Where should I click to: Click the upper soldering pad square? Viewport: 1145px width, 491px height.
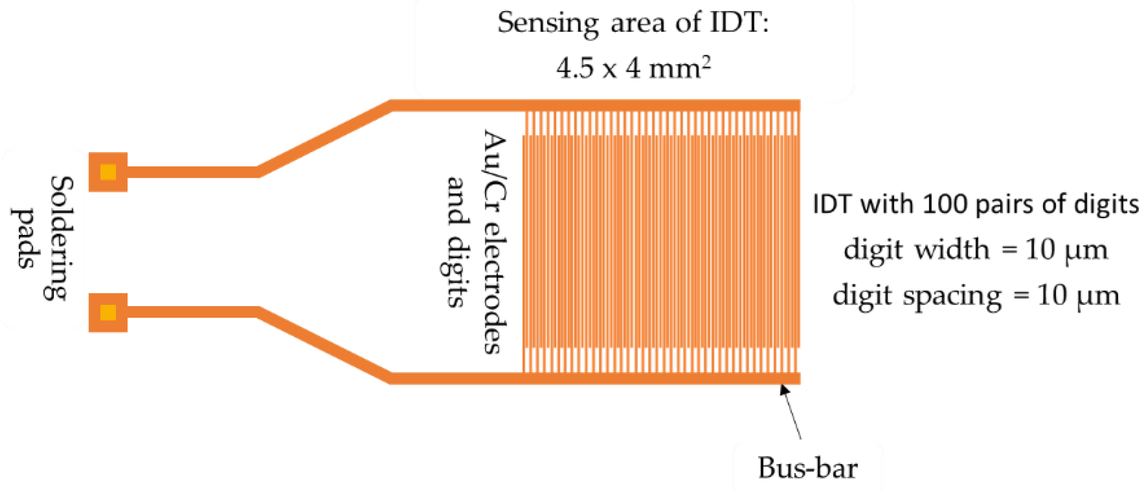click(x=108, y=172)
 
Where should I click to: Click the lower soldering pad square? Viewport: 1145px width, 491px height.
click(x=108, y=312)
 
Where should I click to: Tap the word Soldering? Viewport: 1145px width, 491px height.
click(x=61, y=238)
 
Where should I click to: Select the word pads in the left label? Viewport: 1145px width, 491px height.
click(x=24, y=238)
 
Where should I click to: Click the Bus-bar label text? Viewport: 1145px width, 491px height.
click(x=807, y=468)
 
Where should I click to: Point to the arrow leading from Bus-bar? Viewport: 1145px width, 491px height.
click(x=792, y=412)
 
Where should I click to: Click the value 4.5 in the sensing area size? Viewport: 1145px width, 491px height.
click(x=574, y=68)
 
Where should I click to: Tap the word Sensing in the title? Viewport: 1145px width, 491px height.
click(x=548, y=23)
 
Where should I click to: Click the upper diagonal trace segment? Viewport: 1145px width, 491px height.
click(x=325, y=139)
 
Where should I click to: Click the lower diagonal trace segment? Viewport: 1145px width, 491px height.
click(x=325, y=345)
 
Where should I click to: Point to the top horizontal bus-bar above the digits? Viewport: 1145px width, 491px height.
click(x=625, y=105)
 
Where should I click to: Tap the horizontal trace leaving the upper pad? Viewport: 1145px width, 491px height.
click(x=192, y=172)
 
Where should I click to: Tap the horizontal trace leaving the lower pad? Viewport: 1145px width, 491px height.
click(x=192, y=312)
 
